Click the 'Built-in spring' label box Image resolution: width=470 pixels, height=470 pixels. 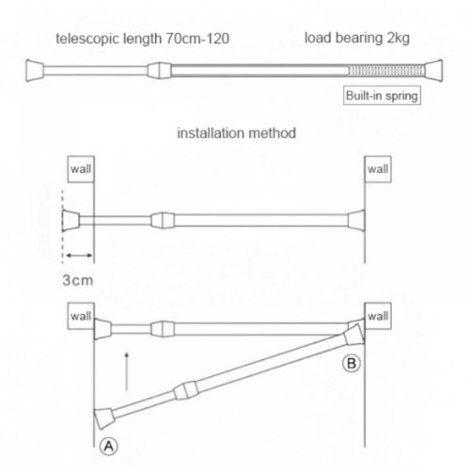[x=382, y=95]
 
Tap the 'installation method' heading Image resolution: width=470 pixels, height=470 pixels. [x=237, y=133]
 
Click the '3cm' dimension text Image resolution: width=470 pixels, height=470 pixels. [x=78, y=280]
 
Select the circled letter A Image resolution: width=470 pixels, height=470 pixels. [x=109, y=446]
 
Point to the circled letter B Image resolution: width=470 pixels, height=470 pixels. [x=352, y=364]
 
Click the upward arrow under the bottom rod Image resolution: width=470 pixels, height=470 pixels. [x=127, y=371]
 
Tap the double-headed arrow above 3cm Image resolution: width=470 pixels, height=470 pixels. [x=79, y=256]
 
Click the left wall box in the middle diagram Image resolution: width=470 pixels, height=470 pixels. [x=81, y=169]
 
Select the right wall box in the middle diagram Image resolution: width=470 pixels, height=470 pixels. [x=378, y=169]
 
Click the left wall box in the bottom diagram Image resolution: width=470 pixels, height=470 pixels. [x=81, y=316]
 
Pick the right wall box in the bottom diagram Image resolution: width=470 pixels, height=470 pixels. [x=378, y=316]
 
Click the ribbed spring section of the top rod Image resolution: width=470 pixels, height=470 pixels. [x=387, y=70]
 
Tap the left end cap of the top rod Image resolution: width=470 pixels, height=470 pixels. [x=35, y=70]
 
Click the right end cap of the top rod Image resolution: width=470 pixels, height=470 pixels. [x=433, y=70]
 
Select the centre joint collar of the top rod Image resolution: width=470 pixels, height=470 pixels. [x=159, y=70]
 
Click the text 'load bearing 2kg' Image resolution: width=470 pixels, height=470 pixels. [x=357, y=38]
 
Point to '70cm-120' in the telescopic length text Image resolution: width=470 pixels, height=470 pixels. [x=197, y=39]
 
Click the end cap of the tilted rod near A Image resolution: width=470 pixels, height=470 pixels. [x=104, y=418]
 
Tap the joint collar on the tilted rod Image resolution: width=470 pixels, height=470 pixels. [x=186, y=391]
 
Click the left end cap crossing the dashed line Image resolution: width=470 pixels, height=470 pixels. [x=70, y=221]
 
